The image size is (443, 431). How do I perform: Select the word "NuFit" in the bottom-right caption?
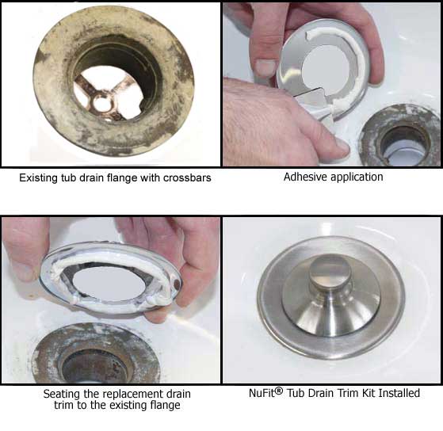[262, 393]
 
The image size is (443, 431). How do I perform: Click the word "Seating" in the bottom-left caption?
[62, 395]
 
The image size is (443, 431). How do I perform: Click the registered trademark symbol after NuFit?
[279, 391]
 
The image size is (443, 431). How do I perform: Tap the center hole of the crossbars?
[101, 104]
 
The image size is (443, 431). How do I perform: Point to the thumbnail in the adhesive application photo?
[265, 67]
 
